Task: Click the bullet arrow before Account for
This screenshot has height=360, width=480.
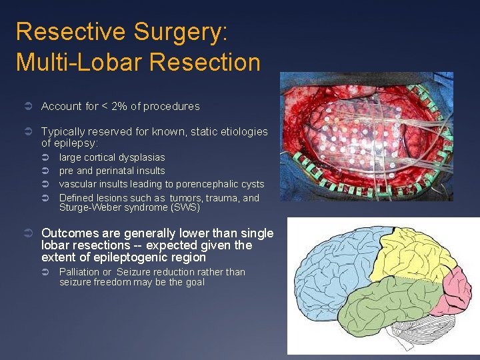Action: coord(27,107)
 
